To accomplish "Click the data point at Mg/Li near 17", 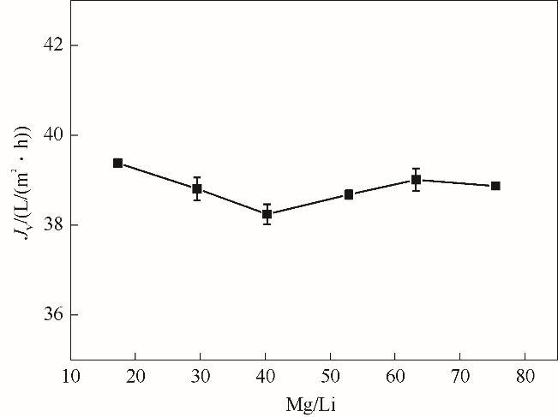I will tap(117, 163).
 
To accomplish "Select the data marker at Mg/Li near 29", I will tap(196, 188).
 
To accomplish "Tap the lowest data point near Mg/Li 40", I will tap(267, 214).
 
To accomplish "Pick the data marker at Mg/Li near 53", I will tap(349, 194).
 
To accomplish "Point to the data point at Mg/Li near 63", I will tap(416, 180).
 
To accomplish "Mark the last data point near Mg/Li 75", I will tap(495, 186).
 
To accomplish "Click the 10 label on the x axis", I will tap(71, 376).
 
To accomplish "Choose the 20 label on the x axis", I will tap(136, 376).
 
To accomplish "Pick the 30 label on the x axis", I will tap(201, 376).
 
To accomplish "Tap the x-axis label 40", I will tap(266, 376).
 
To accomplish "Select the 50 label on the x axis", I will tap(330, 376).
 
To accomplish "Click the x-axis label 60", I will tap(395, 376).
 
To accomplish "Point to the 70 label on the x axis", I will tap(459, 376).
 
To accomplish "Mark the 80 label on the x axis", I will tap(525, 376).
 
